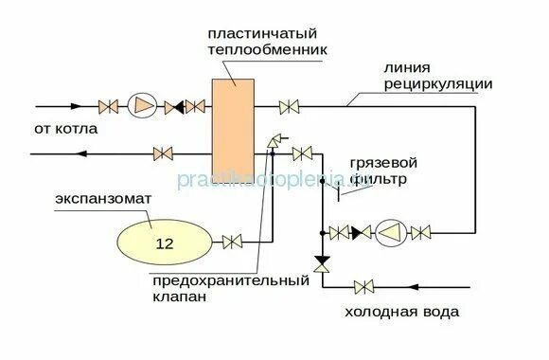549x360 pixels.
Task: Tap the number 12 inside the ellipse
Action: click(165, 243)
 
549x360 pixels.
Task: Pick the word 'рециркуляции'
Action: click(437, 84)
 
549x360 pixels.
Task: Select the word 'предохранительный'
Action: click(230, 280)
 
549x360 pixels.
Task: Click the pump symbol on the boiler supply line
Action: click(140, 104)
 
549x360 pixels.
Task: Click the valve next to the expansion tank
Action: click(230, 243)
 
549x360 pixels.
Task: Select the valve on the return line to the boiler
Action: click(165, 153)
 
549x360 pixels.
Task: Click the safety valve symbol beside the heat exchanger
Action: click(273, 141)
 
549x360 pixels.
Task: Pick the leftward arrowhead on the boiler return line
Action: click(77, 153)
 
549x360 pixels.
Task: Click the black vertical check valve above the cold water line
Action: click(322, 261)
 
